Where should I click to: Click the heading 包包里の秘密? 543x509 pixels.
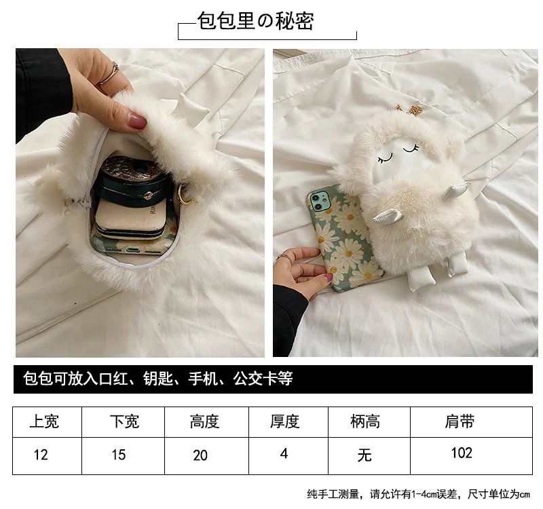pos(256,21)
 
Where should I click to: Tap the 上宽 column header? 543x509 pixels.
pos(44,421)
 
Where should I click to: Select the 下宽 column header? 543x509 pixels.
pos(125,421)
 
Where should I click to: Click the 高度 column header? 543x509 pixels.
pos(204,421)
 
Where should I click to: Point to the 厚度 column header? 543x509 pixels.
pos(284,421)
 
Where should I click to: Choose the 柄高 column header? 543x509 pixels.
pos(365,421)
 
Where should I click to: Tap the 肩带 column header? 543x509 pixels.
pos(460,421)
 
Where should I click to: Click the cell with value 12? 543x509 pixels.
pos(41,455)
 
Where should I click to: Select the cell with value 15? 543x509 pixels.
pos(118,455)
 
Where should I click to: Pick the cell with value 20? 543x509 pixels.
pos(200,455)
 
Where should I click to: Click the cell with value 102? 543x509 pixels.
pos(462,453)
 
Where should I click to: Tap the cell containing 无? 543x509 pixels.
pos(364,455)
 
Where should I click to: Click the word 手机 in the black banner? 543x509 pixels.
pos(203,379)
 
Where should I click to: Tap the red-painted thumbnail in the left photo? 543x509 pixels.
pos(138,120)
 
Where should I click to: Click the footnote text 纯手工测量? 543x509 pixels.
pos(333,494)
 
